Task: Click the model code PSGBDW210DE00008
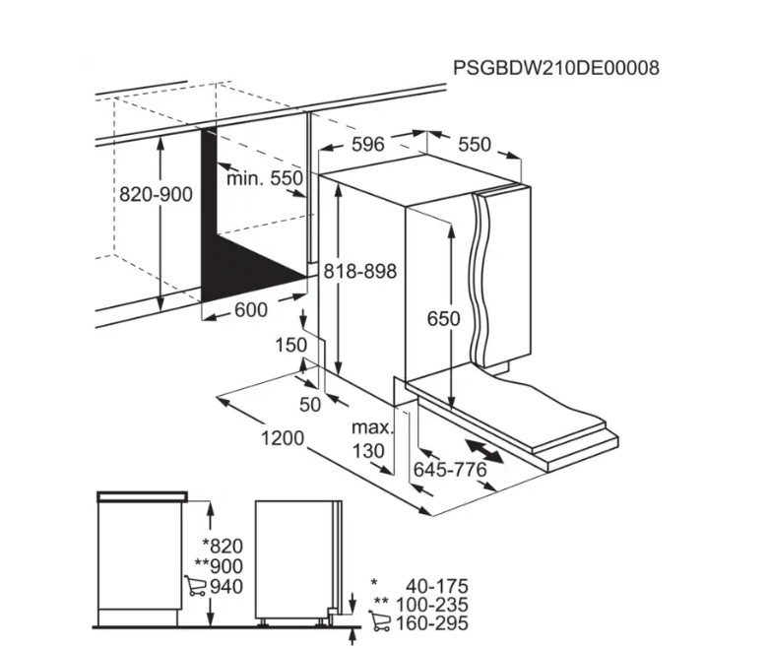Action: pos(556,68)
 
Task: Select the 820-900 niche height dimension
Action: pos(156,194)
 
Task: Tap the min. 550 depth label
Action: pos(265,178)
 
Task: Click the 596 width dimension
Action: pos(368,144)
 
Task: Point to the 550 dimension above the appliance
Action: pos(475,144)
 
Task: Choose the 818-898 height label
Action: pos(360,271)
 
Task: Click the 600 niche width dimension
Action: pos(251,309)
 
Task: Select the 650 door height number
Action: pos(444,319)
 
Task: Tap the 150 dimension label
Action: pos(290,345)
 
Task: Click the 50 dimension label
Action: pos(310,405)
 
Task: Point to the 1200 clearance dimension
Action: pos(283,438)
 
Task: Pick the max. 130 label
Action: pos(372,439)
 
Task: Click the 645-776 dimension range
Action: pos(450,470)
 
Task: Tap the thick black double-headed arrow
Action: pos(483,451)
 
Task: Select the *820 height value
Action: pos(223,546)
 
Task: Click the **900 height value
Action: pos(219,566)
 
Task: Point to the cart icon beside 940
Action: pos(195,586)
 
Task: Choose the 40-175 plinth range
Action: pos(437,586)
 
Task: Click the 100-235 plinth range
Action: pos(432,605)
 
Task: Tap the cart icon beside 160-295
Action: pos(380,621)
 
